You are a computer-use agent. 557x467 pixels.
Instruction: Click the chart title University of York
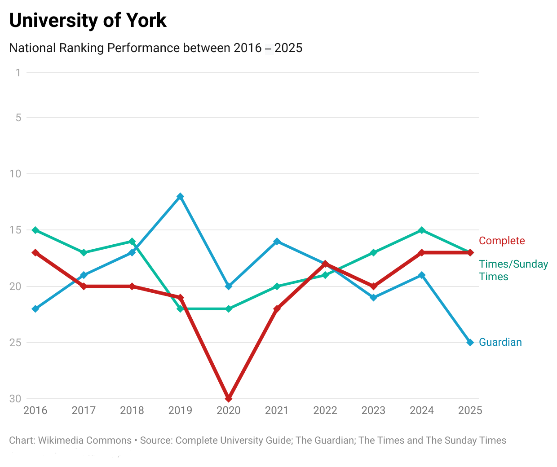coord(88,21)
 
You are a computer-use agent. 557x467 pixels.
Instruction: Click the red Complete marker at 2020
coord(229,399)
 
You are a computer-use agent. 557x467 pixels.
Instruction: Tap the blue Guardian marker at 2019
coord(180,196)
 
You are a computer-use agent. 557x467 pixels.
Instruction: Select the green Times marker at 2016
coord(35,230)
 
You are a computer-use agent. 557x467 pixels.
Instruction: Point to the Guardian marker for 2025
coord(470,343)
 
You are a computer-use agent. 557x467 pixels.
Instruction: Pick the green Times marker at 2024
coord(422,230)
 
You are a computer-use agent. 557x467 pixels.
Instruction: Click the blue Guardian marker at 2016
coord(35,309)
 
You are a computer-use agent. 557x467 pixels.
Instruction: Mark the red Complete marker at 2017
coord(84,286)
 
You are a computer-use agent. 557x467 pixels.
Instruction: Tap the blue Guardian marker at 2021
coord(277,241)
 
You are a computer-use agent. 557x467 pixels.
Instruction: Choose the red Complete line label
coord(502,241)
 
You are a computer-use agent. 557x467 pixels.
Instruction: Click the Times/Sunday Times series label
coord(513,270)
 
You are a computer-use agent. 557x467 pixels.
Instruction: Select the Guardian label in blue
coord(500,342)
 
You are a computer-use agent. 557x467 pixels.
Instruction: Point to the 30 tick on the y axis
coord(16,399)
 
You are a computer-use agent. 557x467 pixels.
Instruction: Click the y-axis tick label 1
coord(18,73)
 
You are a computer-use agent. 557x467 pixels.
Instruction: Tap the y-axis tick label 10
coord(16,174)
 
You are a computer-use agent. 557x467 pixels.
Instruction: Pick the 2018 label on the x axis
coord(132,410)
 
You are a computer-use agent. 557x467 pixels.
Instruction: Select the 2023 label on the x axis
coord(373,410)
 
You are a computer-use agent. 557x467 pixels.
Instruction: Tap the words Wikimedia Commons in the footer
coord(85,441)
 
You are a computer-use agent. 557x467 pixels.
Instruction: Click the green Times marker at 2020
coord(229,309)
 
